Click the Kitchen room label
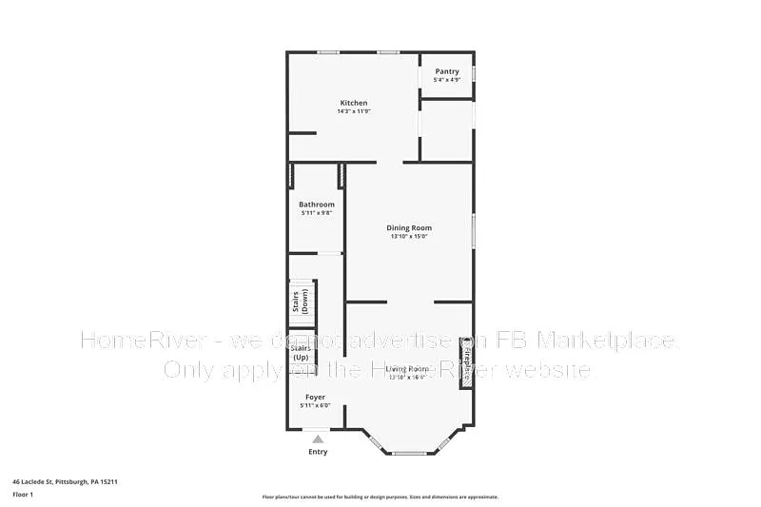[x=354, y=103]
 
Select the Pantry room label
[x=447, y=71]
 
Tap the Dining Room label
[x=409, y=227]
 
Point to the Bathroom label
[x=317, y=205]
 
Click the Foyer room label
[x=315, y=397]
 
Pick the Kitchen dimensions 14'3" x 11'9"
[x=354, y=111]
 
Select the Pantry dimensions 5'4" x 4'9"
[x=447, y=80]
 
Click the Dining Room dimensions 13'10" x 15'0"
[x=409, y=237]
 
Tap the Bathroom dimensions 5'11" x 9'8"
[x=317, y=213]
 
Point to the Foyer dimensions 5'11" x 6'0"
[x=315, y=406]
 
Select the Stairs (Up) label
[x=301, y=352]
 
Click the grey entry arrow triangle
[x=318, y=439]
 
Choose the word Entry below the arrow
[x=318, y=452]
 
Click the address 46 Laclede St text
[x=65, y=482]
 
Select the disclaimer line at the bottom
[x=380, y=497]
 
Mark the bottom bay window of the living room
[x=409, y=453]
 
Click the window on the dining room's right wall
[x=473, y=231]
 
